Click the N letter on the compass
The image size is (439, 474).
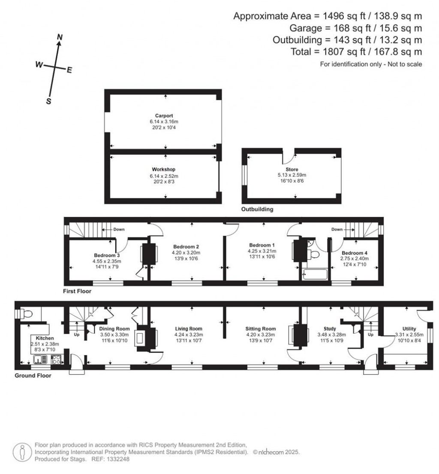pos(60,38)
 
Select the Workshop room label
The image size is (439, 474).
pos(164,170)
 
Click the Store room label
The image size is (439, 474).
pos(292,170)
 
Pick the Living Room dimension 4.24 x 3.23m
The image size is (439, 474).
pos(189,335)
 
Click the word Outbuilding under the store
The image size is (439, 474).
pos(257,210)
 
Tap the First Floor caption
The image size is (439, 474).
pos(77,291)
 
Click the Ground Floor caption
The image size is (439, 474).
pos(33,375)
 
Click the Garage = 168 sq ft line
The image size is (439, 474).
pos(347,28)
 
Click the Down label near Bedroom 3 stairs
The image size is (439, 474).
pos(119,229)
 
